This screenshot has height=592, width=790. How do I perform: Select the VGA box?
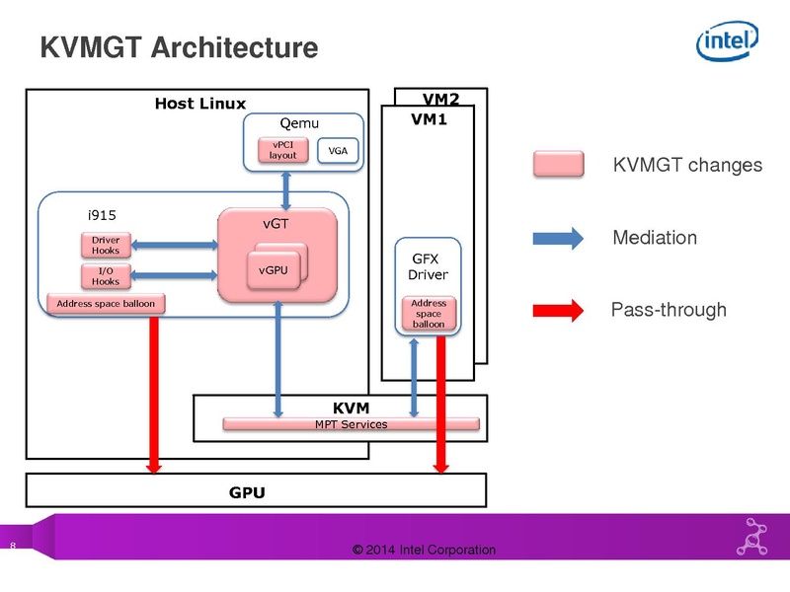(x=339, y=151)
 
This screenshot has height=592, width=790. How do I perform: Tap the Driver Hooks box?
(x=106, y=245)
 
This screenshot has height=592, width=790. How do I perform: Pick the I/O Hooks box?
(x=106, y=276)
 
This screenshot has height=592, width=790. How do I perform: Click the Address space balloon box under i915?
(x=106, y=303)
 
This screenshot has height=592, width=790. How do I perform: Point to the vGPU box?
(x=274, y=269)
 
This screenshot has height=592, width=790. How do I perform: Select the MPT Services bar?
(x=351, y=424)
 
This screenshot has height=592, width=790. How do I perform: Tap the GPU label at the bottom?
(x=247, y=491)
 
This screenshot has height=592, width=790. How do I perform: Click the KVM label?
(x=351, y=406)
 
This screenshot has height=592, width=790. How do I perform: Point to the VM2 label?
(x=441, y=100)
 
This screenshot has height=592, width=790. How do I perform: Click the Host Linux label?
(x=200, y=104)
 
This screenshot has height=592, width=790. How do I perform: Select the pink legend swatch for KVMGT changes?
(x=560, y=165)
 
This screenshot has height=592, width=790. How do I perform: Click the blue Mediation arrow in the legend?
(x=560, y=237)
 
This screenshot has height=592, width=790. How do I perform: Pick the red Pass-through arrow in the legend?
(x=560, y=310)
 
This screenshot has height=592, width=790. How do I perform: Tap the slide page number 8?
(x=13, y=547)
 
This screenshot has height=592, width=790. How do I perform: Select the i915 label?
(x=103, y=213)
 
